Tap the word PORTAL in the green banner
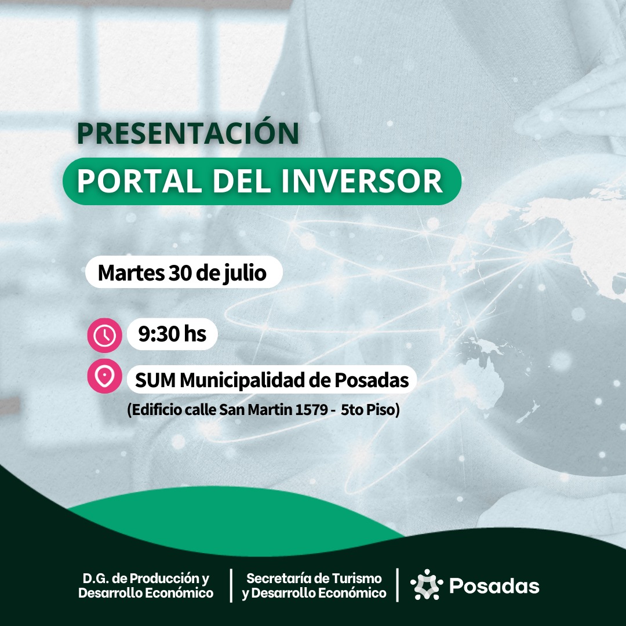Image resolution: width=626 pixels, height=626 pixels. click(139, 181)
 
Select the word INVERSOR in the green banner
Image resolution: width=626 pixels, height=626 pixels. click(362, 181)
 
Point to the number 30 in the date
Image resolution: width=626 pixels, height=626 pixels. click(181, 272)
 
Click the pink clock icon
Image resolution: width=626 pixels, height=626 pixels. click(104, 335)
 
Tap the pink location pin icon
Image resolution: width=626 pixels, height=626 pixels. click(104, 376)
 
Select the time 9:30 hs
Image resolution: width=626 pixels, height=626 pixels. click(172, 334)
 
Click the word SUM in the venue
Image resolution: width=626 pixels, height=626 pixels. click(155, 380)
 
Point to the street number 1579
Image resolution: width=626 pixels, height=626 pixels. click(311, 410)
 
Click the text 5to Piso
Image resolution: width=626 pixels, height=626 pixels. click(368, 410)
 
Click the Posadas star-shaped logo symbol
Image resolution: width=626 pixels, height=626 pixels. click(427, 584)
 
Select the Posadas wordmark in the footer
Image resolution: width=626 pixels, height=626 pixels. click(494, 585)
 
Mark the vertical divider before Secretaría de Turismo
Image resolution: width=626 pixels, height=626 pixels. click(231, 585)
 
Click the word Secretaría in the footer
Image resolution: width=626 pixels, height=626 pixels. click(274, 578)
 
